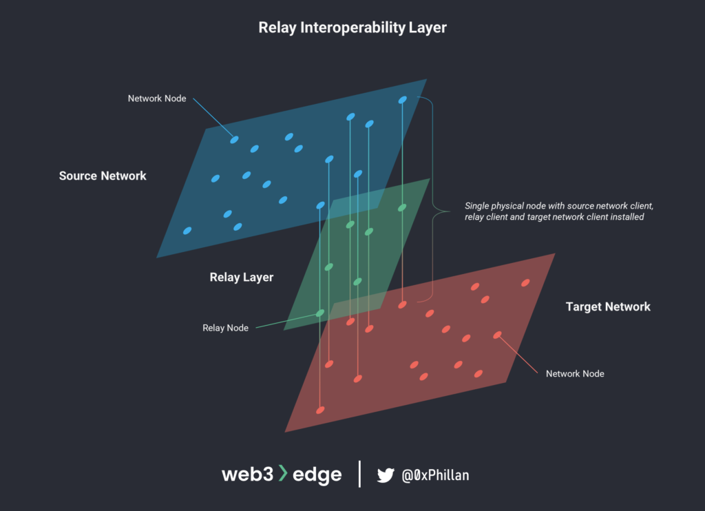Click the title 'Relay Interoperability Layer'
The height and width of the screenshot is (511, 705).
(x=352, y=28)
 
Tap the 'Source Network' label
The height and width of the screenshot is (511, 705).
(x=103, y=176)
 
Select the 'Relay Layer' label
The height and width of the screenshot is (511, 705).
(x=241, y=278)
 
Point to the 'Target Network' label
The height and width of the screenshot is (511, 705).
(x=608, y=306)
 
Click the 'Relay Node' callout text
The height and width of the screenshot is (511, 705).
(x=225, y=328)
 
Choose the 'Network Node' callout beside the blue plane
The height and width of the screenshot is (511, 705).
(x=157, y=98)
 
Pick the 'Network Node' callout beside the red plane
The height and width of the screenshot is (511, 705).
(x=575, y=373)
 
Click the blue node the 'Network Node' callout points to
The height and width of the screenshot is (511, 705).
(x=234, y=140)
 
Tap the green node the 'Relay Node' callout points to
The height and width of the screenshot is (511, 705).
(x=319, y=313)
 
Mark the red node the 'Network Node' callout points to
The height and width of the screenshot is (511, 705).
(x=497, y=335)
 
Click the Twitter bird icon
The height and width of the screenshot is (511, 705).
(x=386, y=474)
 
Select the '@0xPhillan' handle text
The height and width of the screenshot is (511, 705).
(x=436, y=474)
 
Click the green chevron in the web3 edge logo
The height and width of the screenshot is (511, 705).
(x=282, y=474)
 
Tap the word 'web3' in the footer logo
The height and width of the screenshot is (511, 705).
(x=247, y=474)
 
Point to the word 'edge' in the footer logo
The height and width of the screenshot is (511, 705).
(x=317, y=475)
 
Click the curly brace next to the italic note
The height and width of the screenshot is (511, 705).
(x=433, y=204)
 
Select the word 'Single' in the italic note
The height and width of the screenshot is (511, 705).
(x=478, y=206)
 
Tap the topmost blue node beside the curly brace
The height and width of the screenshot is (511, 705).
(x=402, y=101)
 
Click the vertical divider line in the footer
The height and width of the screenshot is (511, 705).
(x=359, y=474)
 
